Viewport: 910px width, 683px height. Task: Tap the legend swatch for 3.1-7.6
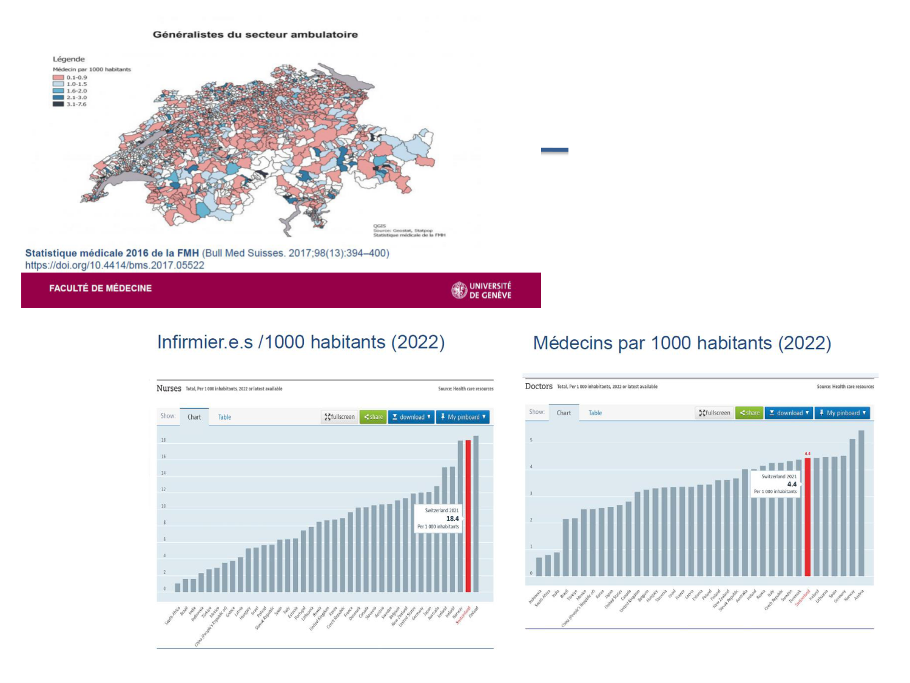(58, 104)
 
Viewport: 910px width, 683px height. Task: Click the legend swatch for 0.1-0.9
(58, 78)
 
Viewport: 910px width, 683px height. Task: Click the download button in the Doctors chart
(789, 413)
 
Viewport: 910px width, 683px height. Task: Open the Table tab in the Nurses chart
(224, 417)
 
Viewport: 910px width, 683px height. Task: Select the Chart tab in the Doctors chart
(564, 413)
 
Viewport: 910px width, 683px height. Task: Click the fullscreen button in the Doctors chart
(715, 413)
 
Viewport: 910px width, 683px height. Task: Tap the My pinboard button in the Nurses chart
(463, 417)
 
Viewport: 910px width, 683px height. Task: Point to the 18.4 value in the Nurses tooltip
(453, 518)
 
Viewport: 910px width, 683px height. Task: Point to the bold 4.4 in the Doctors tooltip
(792, 484)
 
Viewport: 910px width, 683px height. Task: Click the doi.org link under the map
(115, 265)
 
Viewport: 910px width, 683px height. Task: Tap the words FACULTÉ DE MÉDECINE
(100, 288)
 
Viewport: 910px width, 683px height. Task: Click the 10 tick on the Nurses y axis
(163, 506)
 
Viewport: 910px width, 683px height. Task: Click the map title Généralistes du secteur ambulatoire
(255, 35)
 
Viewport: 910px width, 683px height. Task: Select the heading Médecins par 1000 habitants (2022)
(682, 343)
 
